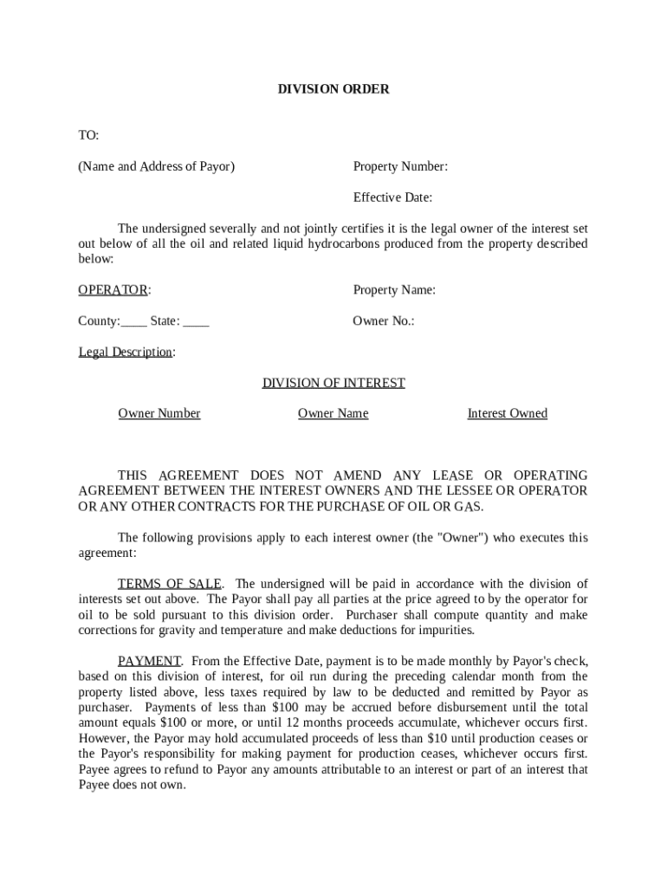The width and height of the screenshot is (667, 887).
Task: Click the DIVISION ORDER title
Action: click(x=333, y=89)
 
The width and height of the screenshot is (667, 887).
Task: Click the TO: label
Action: click(x=88, y=135)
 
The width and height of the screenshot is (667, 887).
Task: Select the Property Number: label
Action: click(x=399, y=166)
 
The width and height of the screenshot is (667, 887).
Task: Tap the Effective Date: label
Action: click(x=392, y=197)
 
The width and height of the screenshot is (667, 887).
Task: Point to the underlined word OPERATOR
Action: click(x=113, y=290)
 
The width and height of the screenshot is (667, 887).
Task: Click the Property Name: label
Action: click(x=394, y=290)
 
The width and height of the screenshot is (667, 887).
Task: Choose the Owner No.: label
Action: click(x=383, y=321)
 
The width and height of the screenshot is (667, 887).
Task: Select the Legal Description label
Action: click(x=126, y=353)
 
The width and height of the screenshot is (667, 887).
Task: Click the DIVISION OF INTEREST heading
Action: click(x=333, y=383)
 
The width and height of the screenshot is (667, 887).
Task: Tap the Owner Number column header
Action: click(x=159, y=414)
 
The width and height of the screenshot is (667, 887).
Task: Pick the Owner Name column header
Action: click(x=333, y=414)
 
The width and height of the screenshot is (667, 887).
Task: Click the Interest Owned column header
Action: click(x=507, y=414)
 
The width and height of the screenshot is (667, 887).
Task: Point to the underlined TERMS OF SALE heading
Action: click(x=170, y=584)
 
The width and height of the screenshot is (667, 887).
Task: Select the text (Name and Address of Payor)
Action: click(x=157, y=166)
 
